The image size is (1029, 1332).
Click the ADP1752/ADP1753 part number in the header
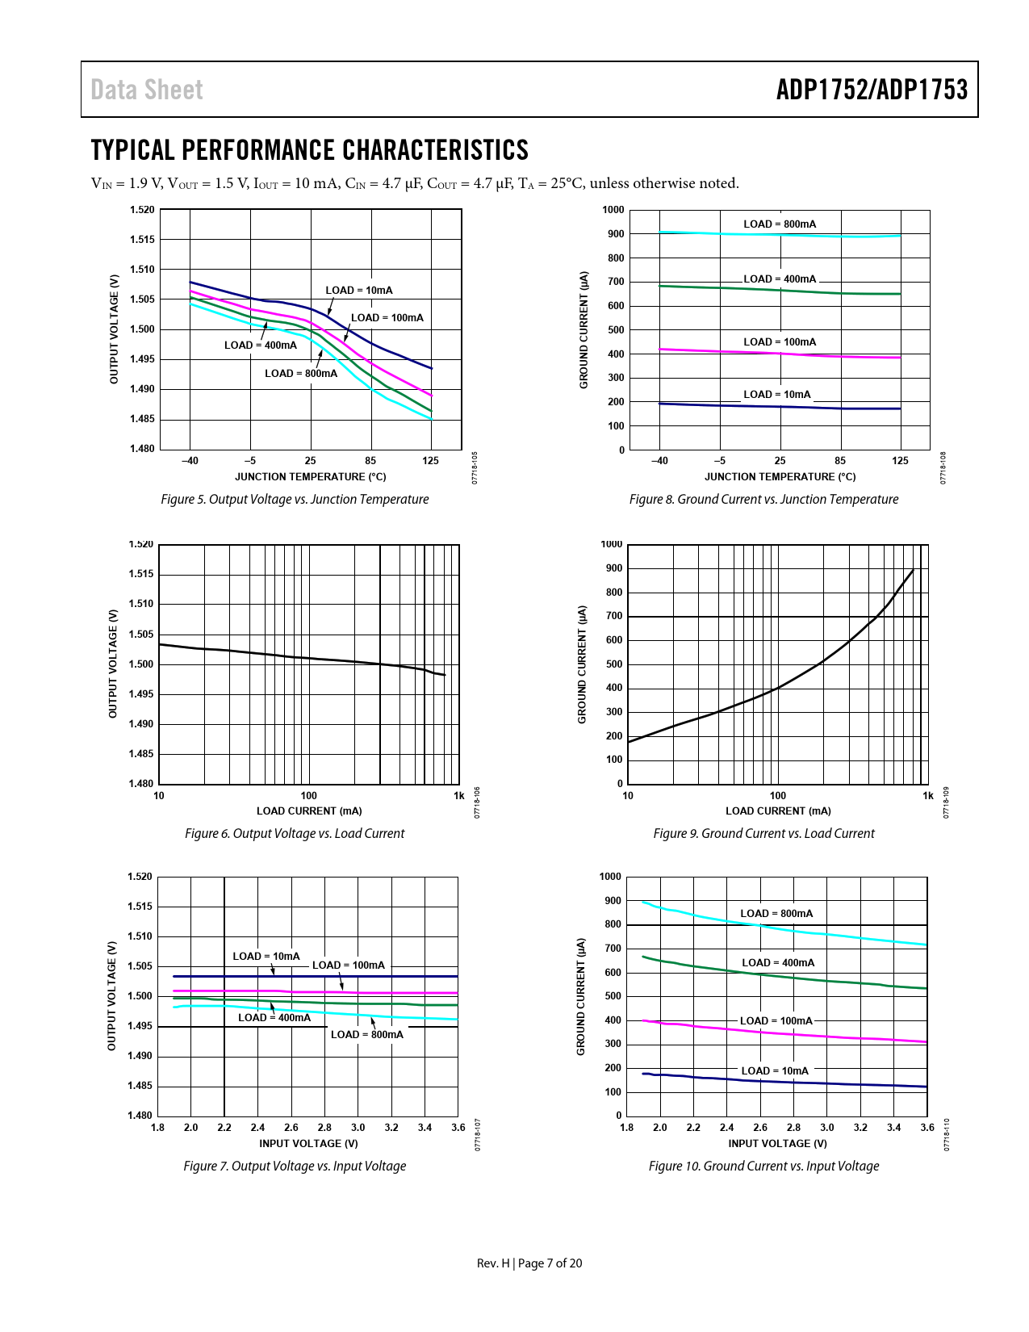click(x=872, y=90)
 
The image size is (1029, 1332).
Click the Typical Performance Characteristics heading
click(x=310, y=150)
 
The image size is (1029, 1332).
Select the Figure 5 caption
click(x=295, y=500)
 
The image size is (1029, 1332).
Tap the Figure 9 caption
click(x=763, y=834)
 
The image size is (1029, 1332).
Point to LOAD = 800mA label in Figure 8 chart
click(x=780, y=224)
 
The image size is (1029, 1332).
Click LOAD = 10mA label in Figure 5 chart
click(x=359, y=290)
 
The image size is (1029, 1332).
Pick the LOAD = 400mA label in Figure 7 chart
click(x=274, y=1018)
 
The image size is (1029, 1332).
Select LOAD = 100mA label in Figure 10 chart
click(x=776, y=1021)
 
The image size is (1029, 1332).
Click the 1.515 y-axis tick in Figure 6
click(x=141, y=574)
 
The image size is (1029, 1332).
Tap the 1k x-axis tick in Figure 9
click(x=928, y=796)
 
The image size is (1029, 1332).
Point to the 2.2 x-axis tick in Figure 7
click(x=224, y=1128)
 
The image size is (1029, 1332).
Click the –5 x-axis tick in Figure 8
click(x=720, y=461)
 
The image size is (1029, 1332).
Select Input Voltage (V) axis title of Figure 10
click(x=777, y=1144)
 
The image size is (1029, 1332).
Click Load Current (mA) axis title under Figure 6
click(x=309, y=811)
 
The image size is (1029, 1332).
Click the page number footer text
click(x=529, y=1263)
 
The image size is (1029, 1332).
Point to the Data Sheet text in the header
click(x=147, y=90)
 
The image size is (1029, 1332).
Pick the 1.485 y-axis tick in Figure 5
click(x=142, y=419)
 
